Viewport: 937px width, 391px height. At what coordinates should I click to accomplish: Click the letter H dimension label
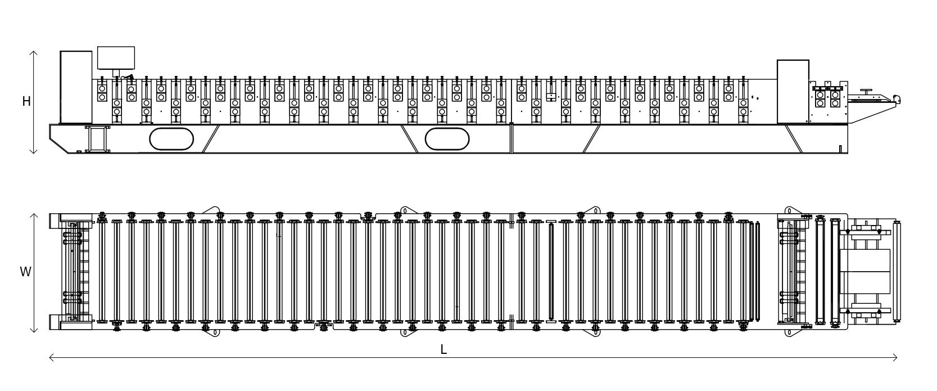tap(26, 101)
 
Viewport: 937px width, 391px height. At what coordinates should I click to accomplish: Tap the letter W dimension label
tap(25, 272)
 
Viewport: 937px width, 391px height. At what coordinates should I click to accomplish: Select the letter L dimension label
tap(444, 349)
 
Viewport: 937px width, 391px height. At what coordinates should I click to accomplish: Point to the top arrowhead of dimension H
tap(34, 53)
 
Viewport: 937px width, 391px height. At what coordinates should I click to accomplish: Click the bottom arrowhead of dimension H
tap(34, 151)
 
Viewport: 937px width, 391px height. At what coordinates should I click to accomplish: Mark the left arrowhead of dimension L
tap(52, 357)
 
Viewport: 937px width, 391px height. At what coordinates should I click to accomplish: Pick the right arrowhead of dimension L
tap(895, 357)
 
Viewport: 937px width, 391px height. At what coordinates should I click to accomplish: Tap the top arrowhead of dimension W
tap(34, 215)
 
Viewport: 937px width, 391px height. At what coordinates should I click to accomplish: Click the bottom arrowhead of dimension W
tap(34, 330)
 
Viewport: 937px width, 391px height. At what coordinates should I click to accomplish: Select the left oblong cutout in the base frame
tap(171, 140)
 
